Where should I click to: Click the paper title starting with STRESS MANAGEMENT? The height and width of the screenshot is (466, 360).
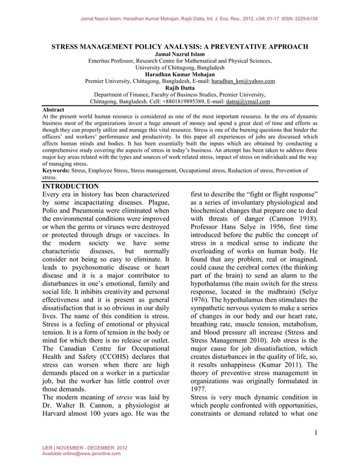180,46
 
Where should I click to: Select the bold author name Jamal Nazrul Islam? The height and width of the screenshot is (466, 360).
180,54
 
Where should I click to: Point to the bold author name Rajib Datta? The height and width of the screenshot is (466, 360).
180,88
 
